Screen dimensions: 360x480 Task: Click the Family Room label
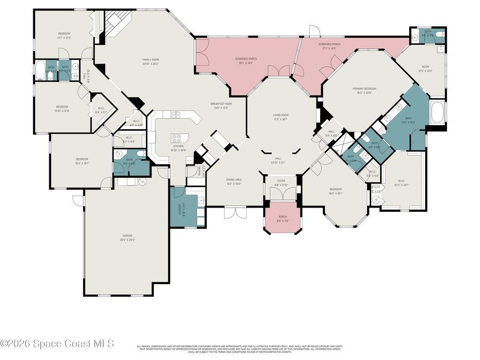(150, 60)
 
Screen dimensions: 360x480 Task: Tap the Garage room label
(127, 236)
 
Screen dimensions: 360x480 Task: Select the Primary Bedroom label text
(364, 89)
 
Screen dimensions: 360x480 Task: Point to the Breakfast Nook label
(221, 104)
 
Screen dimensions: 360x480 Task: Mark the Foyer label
(281, 180)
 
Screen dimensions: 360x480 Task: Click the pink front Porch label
(283, 217)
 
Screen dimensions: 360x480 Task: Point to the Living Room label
(281, 115)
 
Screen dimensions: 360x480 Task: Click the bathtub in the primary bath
(438, 113)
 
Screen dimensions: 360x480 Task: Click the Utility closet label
(375, 187)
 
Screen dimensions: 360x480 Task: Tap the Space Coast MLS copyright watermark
(57, 344)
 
